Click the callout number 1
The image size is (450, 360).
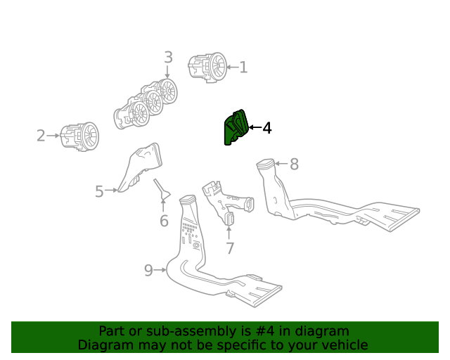243,67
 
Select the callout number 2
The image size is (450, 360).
41,136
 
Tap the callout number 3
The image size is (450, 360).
168,57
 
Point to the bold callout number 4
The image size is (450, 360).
266,128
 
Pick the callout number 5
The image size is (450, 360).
99,191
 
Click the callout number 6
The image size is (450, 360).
164,221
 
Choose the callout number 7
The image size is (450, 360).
229,248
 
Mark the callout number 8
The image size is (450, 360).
294,165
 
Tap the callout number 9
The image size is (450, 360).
148,271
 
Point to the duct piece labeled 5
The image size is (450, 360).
139,168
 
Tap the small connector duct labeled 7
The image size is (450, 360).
226,199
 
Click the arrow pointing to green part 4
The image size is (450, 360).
254,128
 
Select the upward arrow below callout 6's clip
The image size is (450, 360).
163,205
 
